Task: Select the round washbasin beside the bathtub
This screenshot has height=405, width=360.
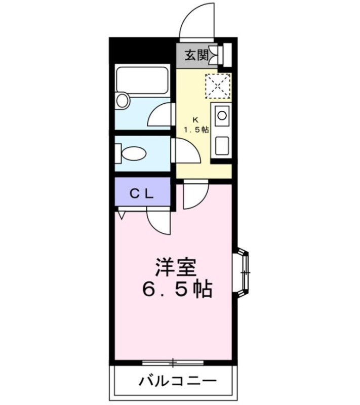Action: point(123,100)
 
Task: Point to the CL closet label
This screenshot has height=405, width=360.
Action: point(142,193)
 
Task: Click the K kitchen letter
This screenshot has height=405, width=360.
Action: point(195,120)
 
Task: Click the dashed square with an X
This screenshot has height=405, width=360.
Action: point(218,86)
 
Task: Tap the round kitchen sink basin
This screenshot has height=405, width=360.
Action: point(222,115)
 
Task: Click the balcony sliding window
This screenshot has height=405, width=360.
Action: point(173,362)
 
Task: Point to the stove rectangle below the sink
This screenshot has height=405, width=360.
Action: point(222,146)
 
